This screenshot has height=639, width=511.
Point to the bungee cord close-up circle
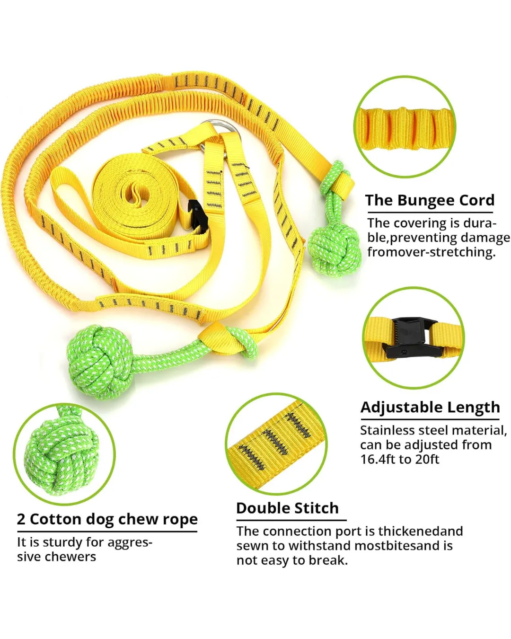pyautogui.click(x=405, y=127)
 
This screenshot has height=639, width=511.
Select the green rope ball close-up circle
pyautogui.click(x=64, y=454)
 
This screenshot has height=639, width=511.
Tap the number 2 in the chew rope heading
pyautogui.click(x=21, y=519)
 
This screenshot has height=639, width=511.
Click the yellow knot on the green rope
pyautogui.click(x=220, y=339)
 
